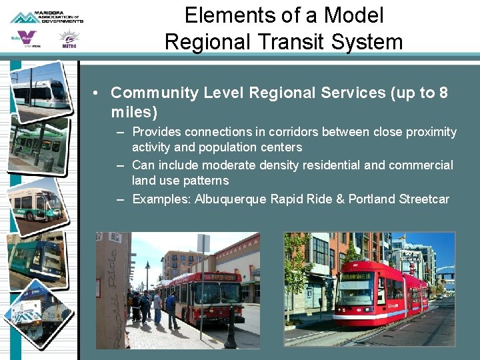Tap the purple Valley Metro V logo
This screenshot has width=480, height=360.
pos(25,39)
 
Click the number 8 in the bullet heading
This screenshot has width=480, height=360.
pos(443,93)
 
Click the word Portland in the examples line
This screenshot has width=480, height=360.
pos(371,199)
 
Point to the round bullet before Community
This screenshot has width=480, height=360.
pos(97,93)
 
